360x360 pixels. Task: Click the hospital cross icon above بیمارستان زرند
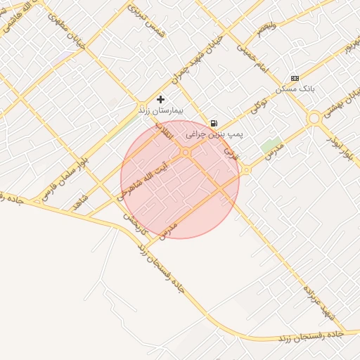(161, 100)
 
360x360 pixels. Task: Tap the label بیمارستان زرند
(161, 111)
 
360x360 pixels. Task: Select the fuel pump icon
(214, 123)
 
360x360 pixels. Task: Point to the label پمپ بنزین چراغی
(206, 133)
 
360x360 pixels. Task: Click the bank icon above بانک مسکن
(295, 78)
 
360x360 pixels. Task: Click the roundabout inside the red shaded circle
(186, 153)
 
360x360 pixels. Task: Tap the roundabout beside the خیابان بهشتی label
(314, 119)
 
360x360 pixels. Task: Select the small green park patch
(269, 147)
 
